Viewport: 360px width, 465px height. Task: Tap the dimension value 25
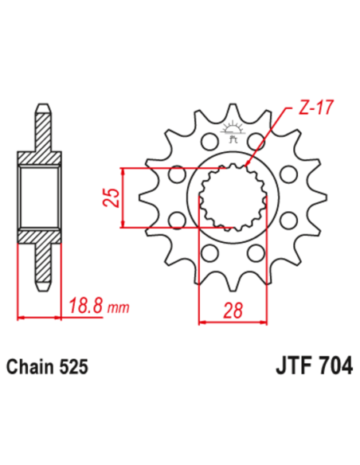pyautogui.click(x=112, y=197)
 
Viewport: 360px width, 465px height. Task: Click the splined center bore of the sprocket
pyautogui.click(x=236, y=197)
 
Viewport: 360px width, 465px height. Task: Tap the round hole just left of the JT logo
pyautogui.click(x=209, y=142)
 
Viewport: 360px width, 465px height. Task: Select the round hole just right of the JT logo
pyautogui.click(x=259, y=142)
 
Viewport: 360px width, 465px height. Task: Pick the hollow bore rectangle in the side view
pyautogui.click(x=41, y=197)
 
